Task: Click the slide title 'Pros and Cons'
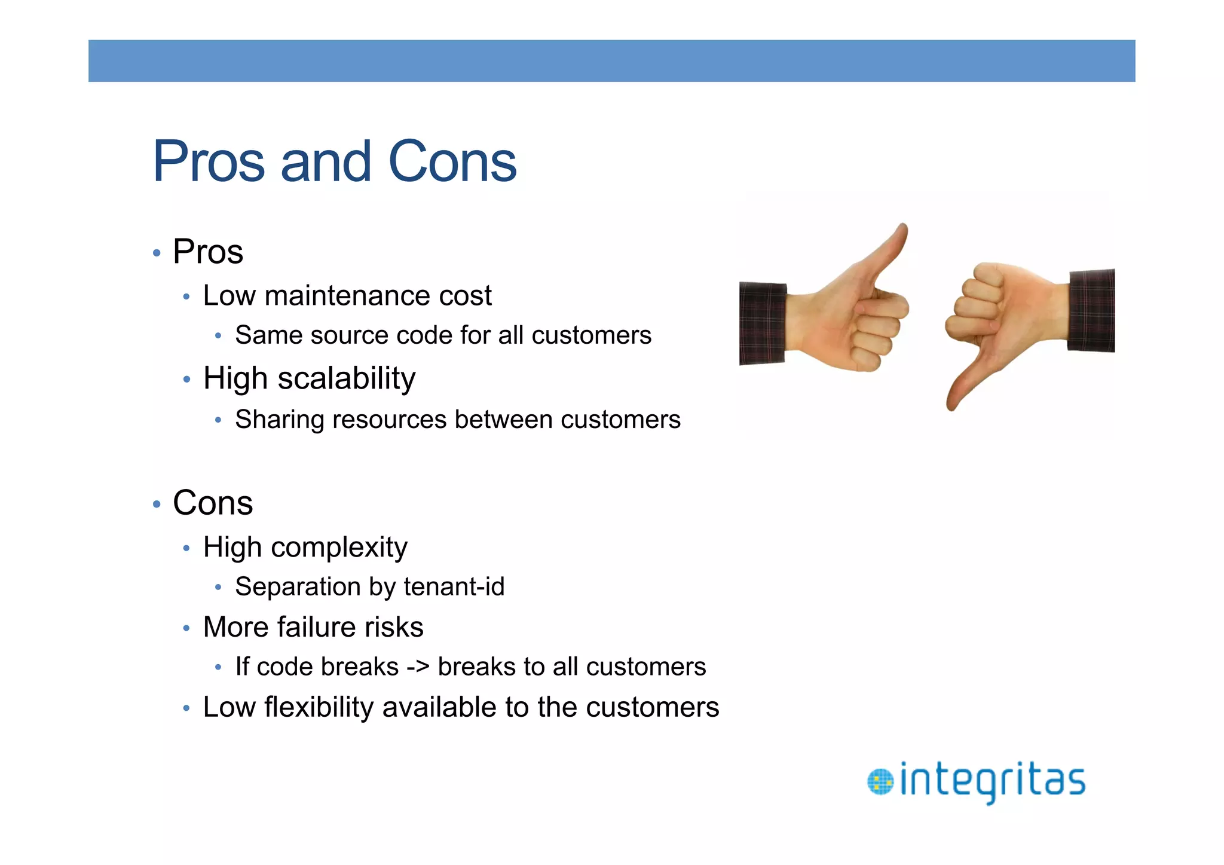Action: [335, 161]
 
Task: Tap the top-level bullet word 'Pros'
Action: [208, 252]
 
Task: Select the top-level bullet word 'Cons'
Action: [213, 503]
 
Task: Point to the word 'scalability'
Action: [346, 378]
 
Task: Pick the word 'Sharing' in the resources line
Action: [280, 420]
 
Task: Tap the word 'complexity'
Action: [339, 548]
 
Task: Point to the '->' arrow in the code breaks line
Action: [418, 667]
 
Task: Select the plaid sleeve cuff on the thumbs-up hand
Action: [762, 323]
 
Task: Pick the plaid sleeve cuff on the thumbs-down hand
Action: [1091, 311]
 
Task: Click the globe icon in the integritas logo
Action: [880, 782]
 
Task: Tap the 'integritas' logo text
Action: [992, 781]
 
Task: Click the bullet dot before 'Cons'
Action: [157, 505]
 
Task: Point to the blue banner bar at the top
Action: [611, 61]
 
